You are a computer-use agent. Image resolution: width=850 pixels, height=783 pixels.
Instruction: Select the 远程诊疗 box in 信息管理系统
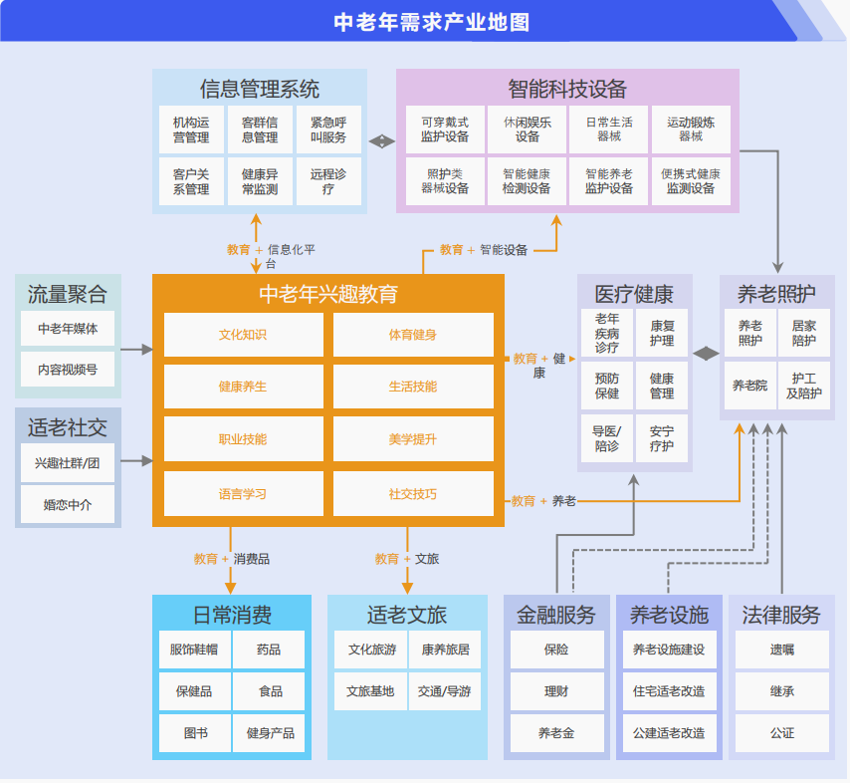tap(328, 181)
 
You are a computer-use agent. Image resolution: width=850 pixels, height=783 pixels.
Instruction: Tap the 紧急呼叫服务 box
tap(328, 130)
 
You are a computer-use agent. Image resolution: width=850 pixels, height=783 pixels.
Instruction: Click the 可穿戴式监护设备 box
tap(445, 130)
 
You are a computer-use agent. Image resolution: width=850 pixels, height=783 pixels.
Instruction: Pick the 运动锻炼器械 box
tap(691, 130)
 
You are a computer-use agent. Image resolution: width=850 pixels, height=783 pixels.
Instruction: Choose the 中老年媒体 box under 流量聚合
tap(68, 328)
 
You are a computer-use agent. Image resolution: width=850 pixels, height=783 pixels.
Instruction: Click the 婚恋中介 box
tap(68, 504)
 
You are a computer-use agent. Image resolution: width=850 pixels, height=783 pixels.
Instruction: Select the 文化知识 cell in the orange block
tap(243, 335)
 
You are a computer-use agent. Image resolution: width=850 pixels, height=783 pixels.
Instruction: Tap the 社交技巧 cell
tap(412, 494)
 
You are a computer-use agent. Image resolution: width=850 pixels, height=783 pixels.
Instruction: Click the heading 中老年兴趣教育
tap(328, 294)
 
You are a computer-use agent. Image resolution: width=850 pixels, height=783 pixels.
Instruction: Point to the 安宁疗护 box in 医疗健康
tap(662, 439)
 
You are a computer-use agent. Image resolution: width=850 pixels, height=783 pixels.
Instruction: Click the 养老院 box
tap(749, 386)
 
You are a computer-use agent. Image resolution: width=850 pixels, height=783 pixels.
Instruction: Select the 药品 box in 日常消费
tap(269, 650)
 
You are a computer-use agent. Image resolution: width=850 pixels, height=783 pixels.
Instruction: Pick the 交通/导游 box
tap(444, 690)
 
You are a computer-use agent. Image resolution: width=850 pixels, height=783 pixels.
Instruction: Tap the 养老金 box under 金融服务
tap(556, 732)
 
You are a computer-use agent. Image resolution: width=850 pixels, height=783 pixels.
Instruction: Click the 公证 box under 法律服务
tap(781, 732)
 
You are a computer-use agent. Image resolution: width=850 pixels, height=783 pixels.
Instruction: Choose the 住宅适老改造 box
tap(669, 690)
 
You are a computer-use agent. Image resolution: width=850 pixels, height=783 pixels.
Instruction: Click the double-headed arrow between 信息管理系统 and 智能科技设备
tap(382, 141)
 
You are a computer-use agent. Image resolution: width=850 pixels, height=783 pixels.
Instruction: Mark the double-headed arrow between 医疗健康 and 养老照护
tap(707, 353)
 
